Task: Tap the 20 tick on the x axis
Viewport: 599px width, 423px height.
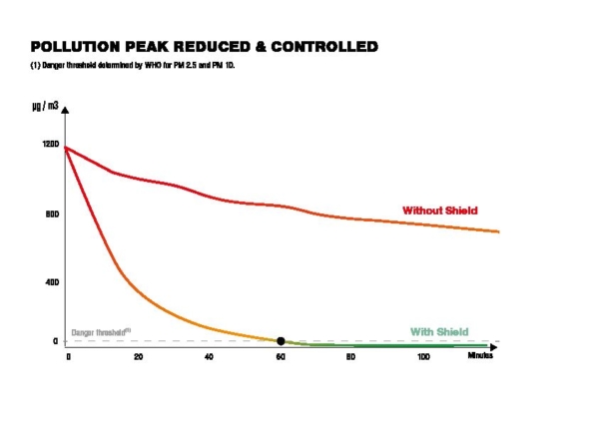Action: [x=138, y=357]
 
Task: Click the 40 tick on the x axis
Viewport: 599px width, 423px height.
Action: [x=209, y=357]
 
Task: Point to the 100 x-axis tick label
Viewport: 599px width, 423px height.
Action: [x=423, y=357]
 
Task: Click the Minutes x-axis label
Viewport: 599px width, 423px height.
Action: [x=480, y=357]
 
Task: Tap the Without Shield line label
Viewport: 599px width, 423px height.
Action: [x=440, y=211]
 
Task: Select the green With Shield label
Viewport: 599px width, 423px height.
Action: [x=439, y=331]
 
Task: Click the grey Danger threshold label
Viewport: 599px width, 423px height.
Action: [x=101, y=332]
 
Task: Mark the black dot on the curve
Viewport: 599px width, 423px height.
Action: [x=281, y=341]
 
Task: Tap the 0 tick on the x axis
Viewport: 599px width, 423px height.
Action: [x=68, y=357]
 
